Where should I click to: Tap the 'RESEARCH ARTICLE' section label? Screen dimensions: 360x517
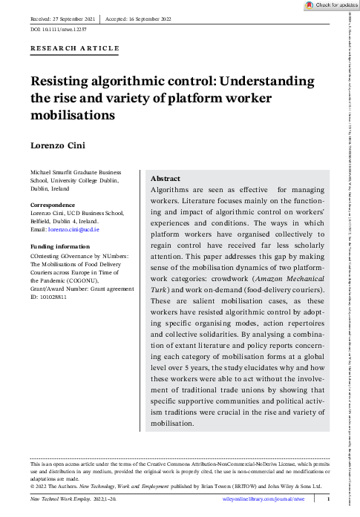(74, 48)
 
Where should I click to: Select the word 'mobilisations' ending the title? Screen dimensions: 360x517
(73, 116)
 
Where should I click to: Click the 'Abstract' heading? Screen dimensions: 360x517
(165, 180)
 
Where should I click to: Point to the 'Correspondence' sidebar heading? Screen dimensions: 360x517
(52, 204)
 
